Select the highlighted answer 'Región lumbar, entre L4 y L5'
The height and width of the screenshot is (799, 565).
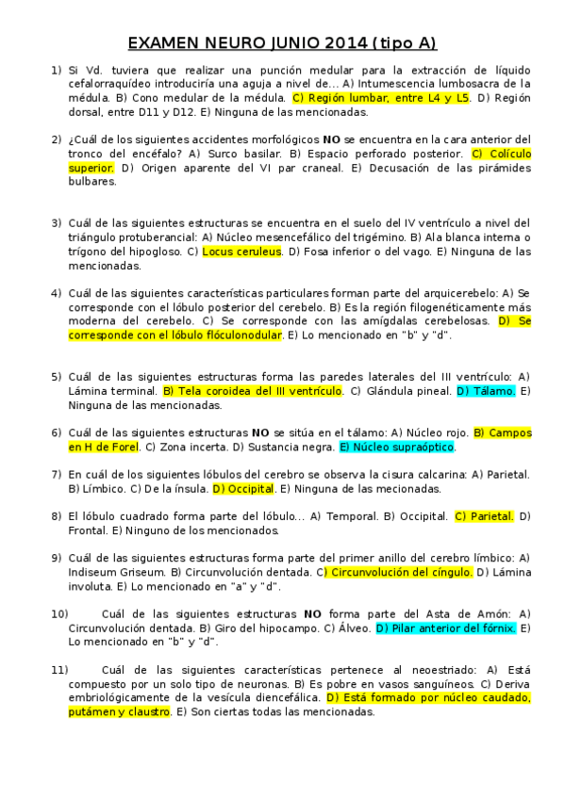[381, 97]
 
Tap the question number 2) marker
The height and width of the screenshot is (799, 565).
[57, 139]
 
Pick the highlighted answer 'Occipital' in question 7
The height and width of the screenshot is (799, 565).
[243, 489]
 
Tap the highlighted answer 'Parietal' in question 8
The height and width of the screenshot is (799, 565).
[484, 516]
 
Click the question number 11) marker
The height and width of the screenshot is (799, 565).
[59, 669]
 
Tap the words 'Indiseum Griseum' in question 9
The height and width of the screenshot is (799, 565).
[116, 572]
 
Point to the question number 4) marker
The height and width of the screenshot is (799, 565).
[57, 293]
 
